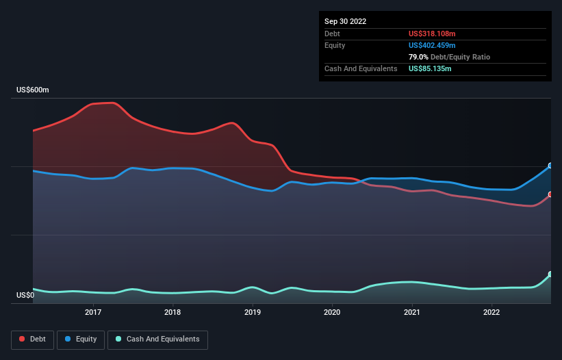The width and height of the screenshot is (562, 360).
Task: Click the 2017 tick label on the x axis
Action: [x=93, y=313]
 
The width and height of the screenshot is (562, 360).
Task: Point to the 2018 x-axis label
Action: [x=173, y=313]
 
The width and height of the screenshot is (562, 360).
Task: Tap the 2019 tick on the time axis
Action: [x=253, y=313]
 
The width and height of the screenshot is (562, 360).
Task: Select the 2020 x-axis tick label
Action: [x=332, y=313]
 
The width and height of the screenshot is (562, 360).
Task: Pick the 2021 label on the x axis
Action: [x=412, y=313]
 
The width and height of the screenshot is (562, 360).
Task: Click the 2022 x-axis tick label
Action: [x=491, y=313]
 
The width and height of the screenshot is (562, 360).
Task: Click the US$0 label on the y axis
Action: [x=26, y=296]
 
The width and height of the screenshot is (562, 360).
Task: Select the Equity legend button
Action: [x=81, y=339]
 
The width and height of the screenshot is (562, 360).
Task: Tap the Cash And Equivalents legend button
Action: [x=157, y=339]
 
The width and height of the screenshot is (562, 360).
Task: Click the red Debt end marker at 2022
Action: [x=550, y=194]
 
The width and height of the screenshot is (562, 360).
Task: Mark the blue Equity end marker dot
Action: [x=550, y=166]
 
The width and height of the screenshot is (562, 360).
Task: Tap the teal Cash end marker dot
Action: [x=550, y=274]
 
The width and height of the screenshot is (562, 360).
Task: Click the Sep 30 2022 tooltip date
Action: [x=346, y=21]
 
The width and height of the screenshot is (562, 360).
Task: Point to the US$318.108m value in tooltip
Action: [x=432, y=34]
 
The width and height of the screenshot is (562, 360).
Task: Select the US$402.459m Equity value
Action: [x=432, y=45]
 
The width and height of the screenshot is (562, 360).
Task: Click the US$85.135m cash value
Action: [x=430, y=68]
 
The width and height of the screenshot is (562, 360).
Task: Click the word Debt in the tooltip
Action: [x=333, y=34]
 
